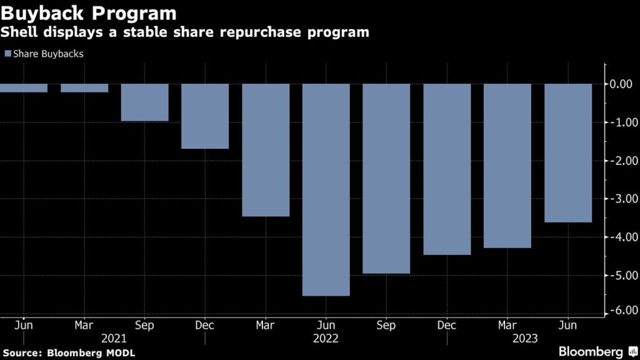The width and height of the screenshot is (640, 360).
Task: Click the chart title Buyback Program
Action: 89,13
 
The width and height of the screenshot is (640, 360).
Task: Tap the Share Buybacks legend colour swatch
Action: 7,54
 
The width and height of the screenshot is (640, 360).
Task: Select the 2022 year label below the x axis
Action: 326,339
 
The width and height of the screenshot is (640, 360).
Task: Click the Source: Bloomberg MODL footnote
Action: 68,352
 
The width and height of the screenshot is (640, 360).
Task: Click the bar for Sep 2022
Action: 386,178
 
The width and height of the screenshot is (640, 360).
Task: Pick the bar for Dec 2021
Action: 205,116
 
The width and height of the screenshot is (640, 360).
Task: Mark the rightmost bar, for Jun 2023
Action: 567,152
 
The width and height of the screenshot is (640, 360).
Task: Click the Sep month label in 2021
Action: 144,325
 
